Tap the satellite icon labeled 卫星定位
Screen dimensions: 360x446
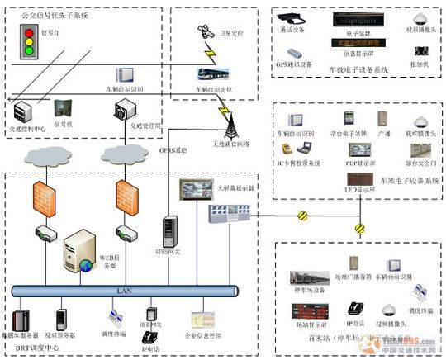[x=203, y=31]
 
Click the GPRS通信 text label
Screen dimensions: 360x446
[x=181, y=151]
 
